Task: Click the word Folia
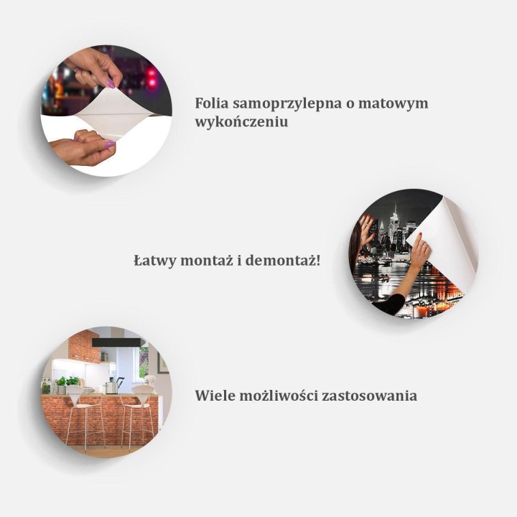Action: point(213,103)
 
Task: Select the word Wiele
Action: point(215,396)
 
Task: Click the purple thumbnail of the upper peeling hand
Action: point(110,84)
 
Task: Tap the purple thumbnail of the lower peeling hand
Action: point(109,144)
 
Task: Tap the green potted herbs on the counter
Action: point(66,382)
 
